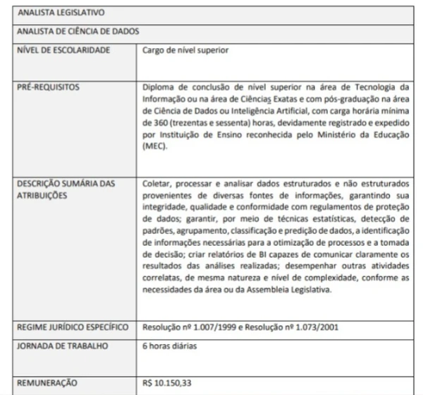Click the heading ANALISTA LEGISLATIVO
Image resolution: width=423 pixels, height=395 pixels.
coord(59,13)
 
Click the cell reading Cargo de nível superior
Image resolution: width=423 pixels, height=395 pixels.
coord(185,50)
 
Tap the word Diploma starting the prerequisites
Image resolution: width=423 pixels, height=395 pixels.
coord(159,87)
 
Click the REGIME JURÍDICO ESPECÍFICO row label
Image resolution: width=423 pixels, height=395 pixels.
coord(73,328)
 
